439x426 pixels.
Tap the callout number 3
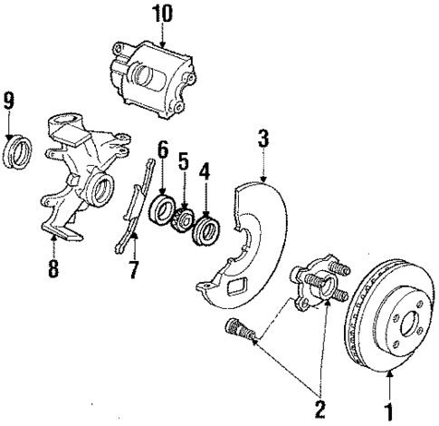pyautogui.click(x=262, y=139)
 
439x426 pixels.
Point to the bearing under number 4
pyautogui.click(x=205, y=228)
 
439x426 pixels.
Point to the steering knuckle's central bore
pyautogui.click(x=100, y=191)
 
